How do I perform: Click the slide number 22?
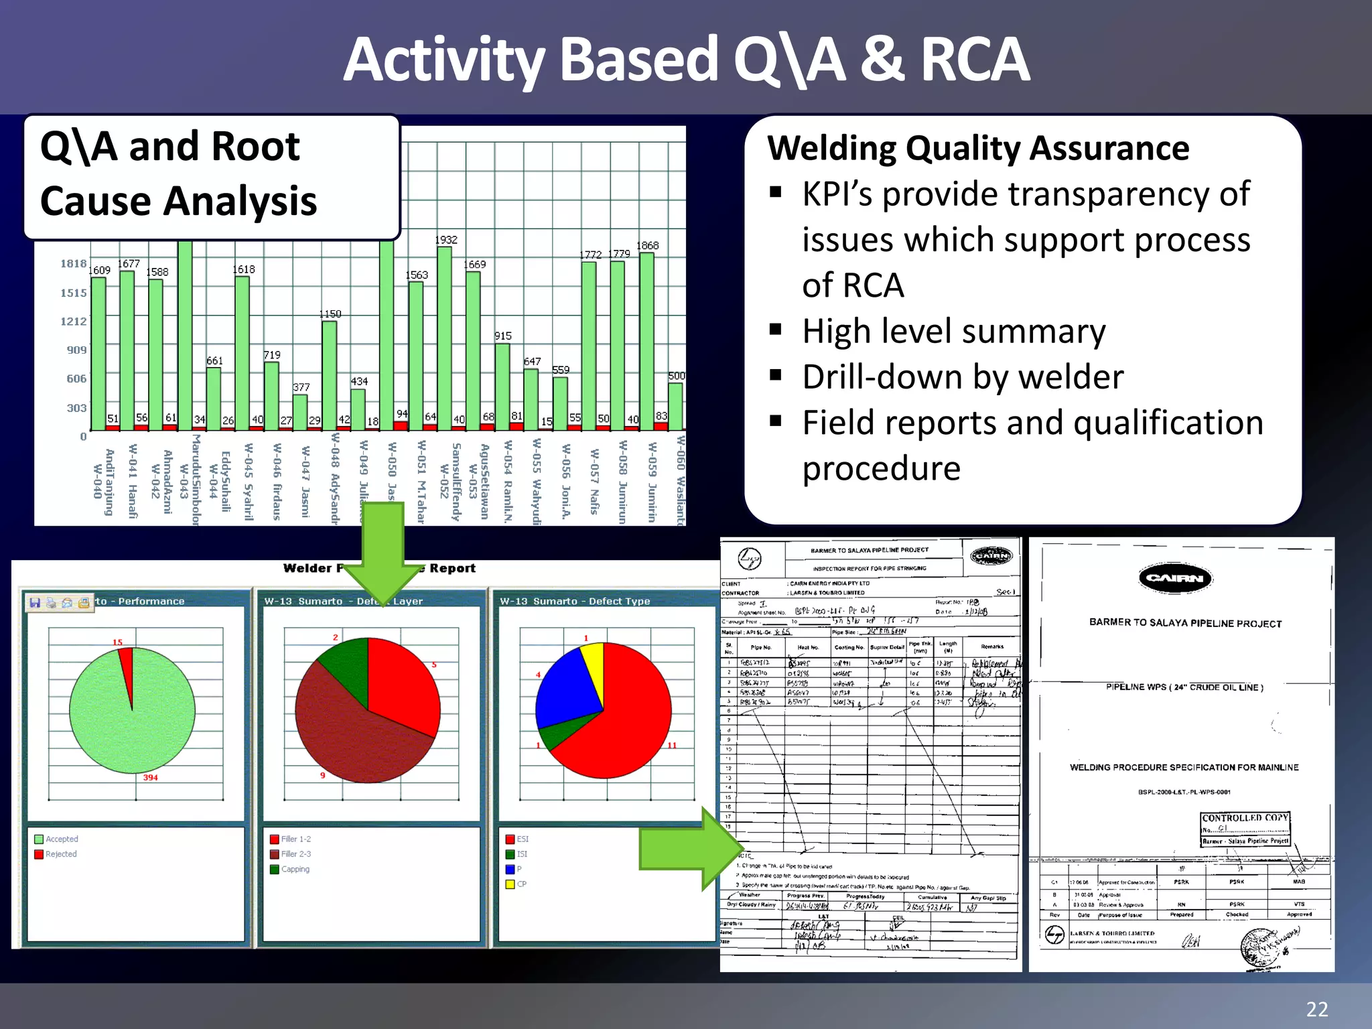[x=1316, y=1009]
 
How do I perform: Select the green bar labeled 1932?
[x=444, y=335]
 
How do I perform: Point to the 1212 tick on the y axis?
[x=74, y=322]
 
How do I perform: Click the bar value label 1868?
[x=647, y=246]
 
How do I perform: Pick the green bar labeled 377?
[x=300, y=411]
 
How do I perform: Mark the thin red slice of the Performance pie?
[x=127, y=667]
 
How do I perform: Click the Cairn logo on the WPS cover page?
[x=1175, y=578]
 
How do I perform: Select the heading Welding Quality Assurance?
[x=978, y=148]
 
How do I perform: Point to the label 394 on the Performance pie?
[x=150, y=777]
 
